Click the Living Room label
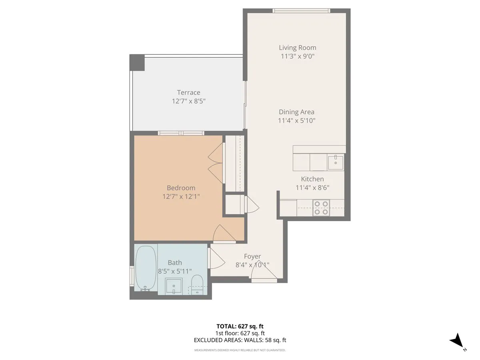coord(297,48)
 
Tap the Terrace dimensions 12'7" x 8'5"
coord(188,101)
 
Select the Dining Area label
coord(296,112)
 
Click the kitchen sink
coord(336,162)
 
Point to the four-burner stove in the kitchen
coord(321,208)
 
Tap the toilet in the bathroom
coord(197,284)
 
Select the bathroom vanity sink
coord(174,286)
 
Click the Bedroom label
coord(181,188)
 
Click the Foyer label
coord(252,256)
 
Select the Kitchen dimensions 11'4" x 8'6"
coord(312,188)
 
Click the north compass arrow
coord(456,341)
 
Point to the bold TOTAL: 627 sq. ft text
coord(240,326)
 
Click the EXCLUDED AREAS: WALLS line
coord(240,340)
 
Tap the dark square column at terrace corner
coord(137,63)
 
